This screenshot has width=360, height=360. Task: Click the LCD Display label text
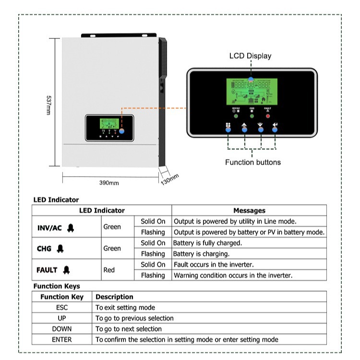click(250, 56)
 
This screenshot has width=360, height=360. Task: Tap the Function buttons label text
click(253, 162)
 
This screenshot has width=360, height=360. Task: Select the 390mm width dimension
click(109, 183)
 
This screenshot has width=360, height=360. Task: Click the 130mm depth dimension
click(170, 179)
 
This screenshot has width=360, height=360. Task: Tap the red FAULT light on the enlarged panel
click(268, 112)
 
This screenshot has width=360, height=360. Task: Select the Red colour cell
click(109, 270)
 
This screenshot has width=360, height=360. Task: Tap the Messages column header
click(249, 210)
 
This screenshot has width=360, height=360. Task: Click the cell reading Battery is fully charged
click(207, 243)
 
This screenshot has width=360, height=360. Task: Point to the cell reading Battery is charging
click(201, 253)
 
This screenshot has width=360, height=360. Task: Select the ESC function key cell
click(62, 307)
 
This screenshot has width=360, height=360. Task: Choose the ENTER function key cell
click(62, 339)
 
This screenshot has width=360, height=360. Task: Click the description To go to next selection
click(128, 329)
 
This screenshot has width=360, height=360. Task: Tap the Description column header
click(114, 297)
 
